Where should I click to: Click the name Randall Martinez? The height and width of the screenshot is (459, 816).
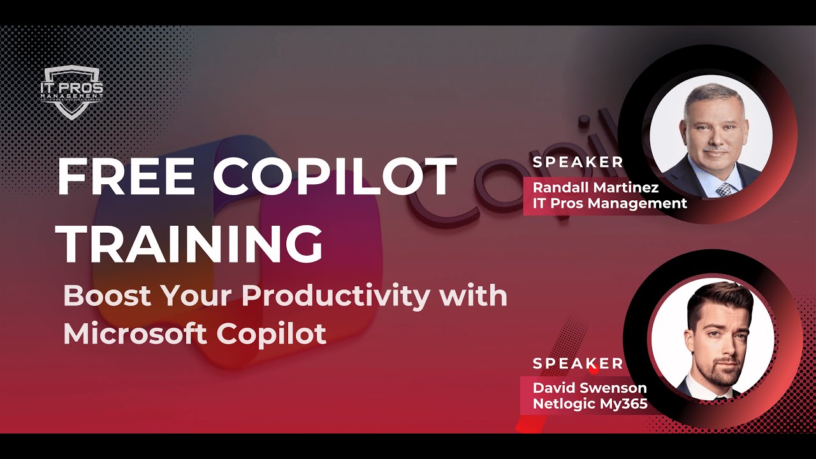click(x=595, y=187)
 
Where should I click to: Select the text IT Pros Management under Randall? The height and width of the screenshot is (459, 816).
click(x=609, y=203)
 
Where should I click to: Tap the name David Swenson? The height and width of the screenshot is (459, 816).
click(x=590, y=388)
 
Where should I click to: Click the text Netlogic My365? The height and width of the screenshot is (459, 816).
click(x=590, y=403)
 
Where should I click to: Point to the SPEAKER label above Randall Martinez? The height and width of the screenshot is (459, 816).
click(x=578, y=162)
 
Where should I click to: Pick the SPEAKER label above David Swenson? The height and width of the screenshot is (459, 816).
click(x=578, y=363)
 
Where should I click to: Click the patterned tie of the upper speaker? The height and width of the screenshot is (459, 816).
click(x=724, y=189)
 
